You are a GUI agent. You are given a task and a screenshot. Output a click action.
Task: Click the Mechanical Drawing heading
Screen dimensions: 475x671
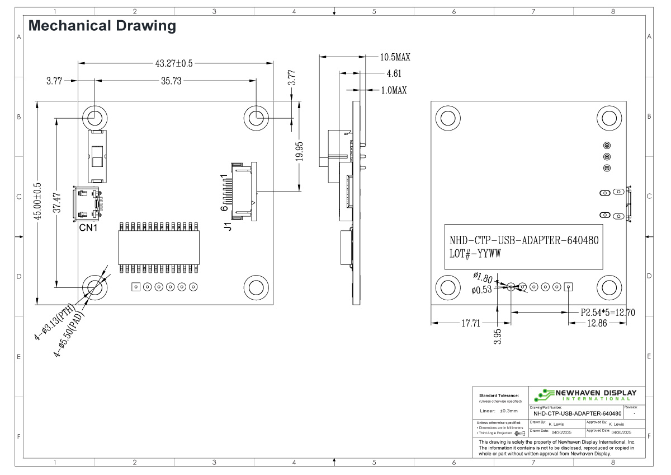point(102,26)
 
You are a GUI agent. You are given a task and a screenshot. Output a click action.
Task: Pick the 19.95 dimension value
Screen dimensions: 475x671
point(300,151)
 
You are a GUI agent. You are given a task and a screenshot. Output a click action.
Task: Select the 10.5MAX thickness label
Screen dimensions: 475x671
point(395,57)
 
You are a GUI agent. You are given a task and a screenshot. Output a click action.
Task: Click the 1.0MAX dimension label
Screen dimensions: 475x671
point(394,90)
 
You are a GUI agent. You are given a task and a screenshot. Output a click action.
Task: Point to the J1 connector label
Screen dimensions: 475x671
point(228,227)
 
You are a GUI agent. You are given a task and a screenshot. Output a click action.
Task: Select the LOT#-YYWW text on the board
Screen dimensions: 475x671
point(475,253)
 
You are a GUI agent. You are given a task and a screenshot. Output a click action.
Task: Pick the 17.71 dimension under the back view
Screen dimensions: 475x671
point(469,323)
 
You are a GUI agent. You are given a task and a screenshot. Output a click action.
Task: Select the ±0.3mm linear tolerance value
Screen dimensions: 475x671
point(508,411)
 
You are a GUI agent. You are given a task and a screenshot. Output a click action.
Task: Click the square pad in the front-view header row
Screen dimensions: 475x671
point(135,287)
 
